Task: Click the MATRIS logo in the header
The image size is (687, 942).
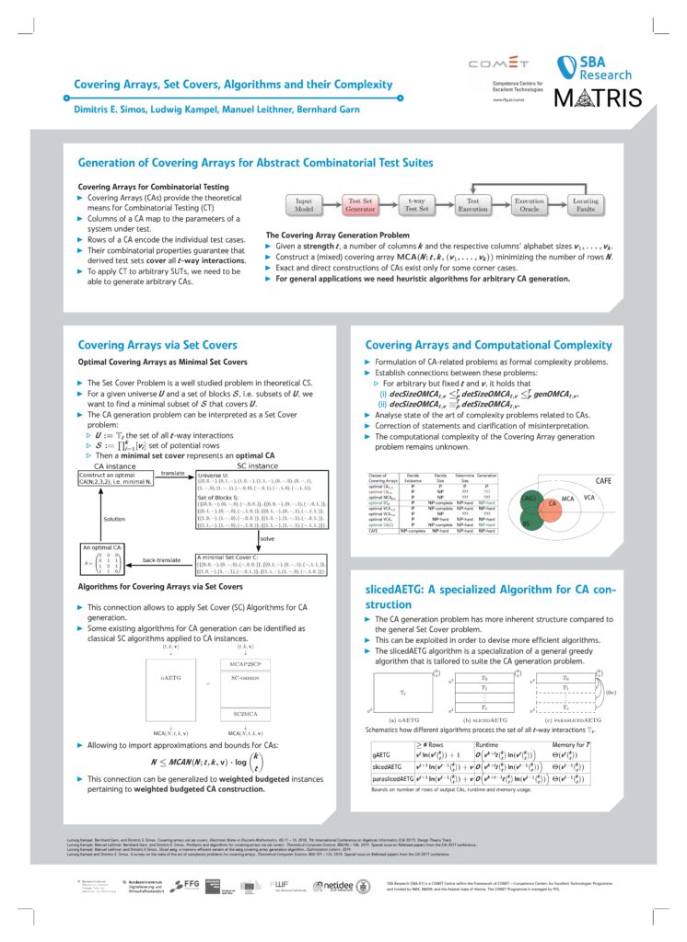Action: coord(603,98)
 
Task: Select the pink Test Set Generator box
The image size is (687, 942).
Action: coord(360,204)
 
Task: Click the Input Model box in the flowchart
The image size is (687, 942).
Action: coord(307,204)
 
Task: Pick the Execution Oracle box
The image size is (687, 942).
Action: coord(530,204)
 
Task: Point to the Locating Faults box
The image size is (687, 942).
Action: coord(585,204)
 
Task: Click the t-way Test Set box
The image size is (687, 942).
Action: coord(416,204)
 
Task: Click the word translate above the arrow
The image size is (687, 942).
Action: coord(174,473)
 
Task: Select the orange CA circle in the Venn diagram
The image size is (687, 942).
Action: coord(552,504)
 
